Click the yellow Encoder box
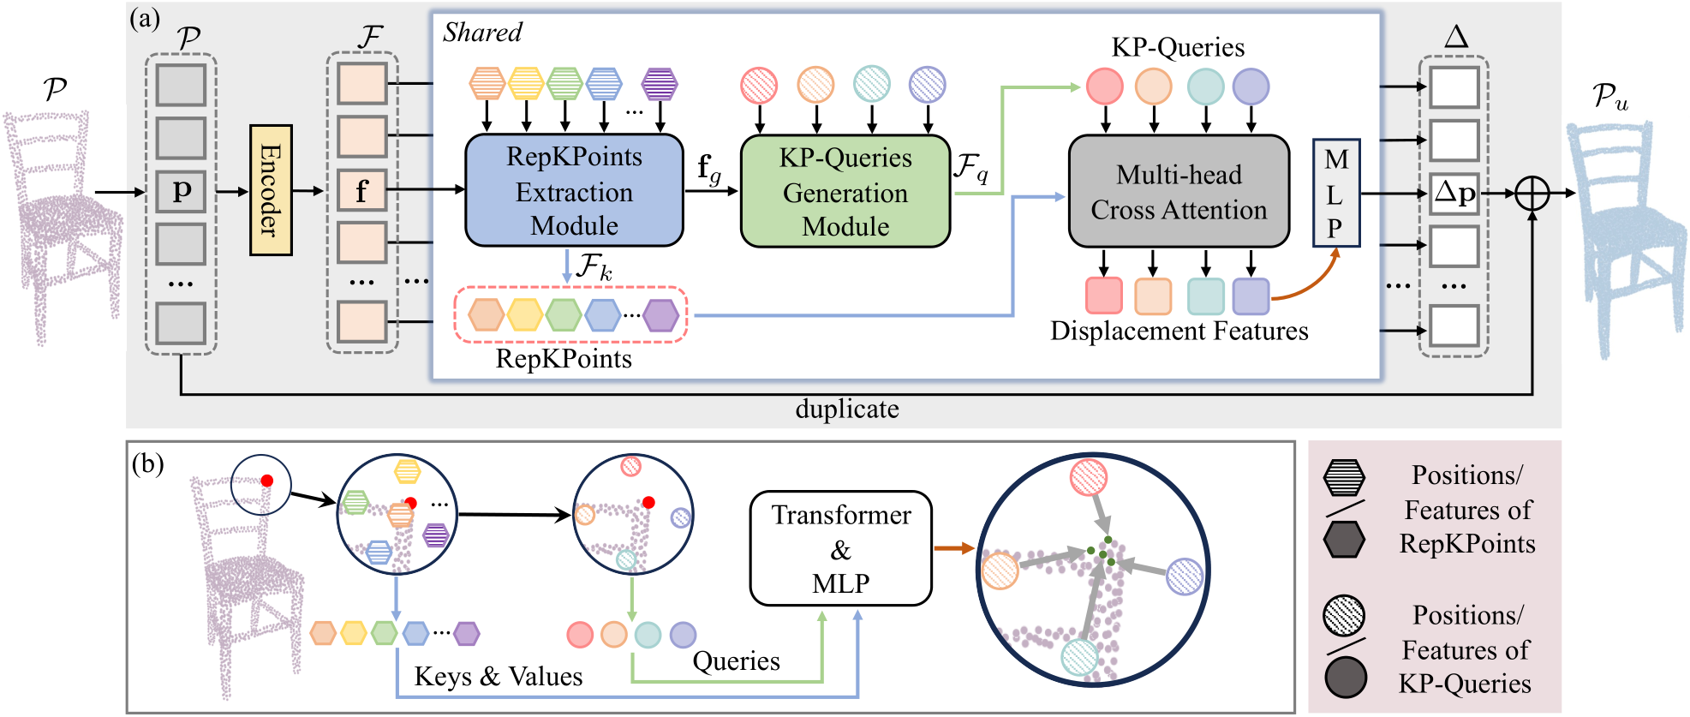point(271,190)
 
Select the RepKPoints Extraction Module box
point(574,191)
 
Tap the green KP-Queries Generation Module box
point(845,192)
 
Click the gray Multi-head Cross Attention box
point(1179,192)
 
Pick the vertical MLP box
point(1335,194)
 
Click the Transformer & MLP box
point(840,548)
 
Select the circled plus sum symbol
point(1532,194)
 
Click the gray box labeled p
point(181,191)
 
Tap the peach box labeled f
point(361,191)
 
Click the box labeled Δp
point(1454,194)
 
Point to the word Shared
point(482,33)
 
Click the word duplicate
point(846,409)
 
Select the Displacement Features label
point(1179,332)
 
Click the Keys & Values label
point(498,677)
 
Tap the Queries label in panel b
point(736,661)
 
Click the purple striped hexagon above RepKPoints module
point(660,84)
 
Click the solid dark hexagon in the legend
point(1344,540)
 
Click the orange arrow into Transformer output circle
point(953,548)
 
